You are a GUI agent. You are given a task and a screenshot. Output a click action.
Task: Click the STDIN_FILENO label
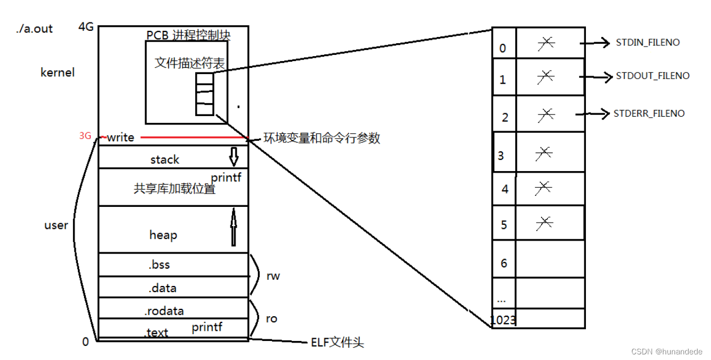(648, 43)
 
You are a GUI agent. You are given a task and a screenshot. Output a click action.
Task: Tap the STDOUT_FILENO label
(653, 76)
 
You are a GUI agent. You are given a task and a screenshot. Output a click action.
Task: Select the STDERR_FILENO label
(649, 113)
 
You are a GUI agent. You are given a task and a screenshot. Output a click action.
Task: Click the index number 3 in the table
(501, 156)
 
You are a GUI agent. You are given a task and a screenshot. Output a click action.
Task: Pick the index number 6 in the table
(504, 263)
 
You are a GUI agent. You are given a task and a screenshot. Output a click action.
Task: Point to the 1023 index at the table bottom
(503, 320)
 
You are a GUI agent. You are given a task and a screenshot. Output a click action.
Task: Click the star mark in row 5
(544, 224)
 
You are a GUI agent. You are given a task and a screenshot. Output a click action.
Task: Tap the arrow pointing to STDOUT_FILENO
(596, 77)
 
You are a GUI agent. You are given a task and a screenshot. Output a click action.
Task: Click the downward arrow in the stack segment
(234, 157)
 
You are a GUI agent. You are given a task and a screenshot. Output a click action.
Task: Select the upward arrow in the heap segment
(234, 227)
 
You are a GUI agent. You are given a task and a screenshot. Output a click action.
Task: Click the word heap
(163, 236)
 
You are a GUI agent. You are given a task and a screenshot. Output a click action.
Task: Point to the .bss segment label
(159, 265)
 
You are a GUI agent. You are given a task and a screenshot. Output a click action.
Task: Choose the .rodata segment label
(164, 311)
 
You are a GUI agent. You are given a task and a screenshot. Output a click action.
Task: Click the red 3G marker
(85, 136)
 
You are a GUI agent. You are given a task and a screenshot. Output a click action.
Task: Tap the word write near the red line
(121, 137)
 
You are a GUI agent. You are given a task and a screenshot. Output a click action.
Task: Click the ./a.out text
(34, 29)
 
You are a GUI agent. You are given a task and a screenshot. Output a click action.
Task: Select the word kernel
(57, 73)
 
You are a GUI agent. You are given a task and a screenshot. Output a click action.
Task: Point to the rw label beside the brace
(273, 276)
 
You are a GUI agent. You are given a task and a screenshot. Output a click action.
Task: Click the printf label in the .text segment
(207, 327)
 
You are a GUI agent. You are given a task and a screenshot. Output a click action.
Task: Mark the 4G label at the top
(86, 27)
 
